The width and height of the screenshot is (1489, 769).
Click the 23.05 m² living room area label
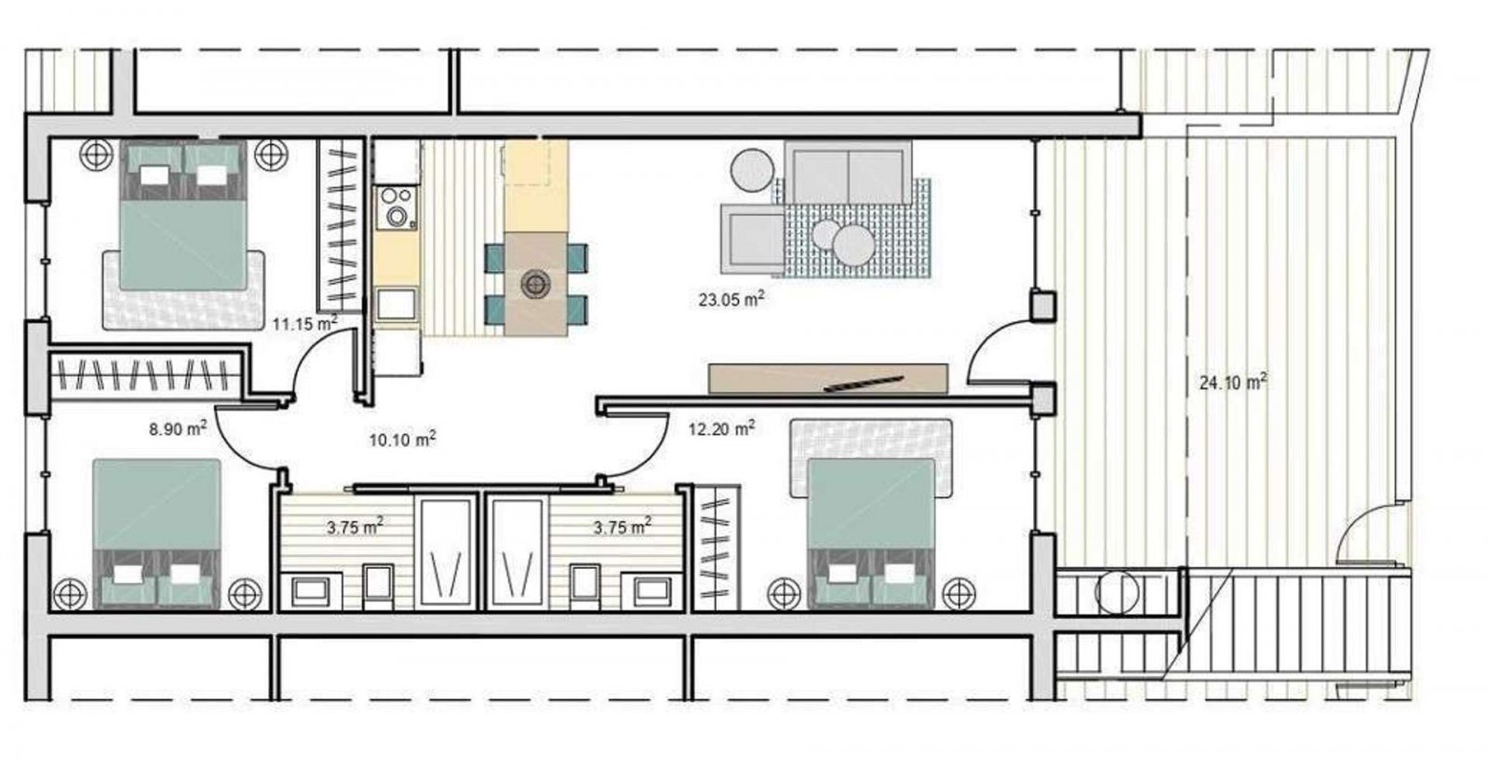[x=731, y=300]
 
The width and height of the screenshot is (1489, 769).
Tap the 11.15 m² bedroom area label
[x=304, y=324]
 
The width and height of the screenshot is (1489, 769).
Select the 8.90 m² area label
[x=178, y=428]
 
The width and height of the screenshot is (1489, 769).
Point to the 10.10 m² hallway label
[x=402, y=439]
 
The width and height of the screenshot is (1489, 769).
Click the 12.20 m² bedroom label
[x=721, y=428]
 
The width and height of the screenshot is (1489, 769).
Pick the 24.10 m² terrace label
[x=1233, y=383]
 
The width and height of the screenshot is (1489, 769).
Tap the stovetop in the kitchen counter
[x=396, y=207]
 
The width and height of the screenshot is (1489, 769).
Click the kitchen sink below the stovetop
[x=396, y=304]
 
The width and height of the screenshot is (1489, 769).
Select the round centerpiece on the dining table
[x=535, y=284]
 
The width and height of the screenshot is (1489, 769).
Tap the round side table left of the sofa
[x=752, y=169]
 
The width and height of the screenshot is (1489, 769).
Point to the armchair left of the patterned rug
[x=753, y=239]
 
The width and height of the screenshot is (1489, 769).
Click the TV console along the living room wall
[x=828, y=379]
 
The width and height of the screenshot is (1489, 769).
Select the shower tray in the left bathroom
[x=446, y=552]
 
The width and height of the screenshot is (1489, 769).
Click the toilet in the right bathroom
[x=584, y=587]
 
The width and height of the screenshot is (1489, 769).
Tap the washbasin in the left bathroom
[x=311, y=591]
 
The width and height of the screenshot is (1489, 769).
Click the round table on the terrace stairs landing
[x=1116, y=592]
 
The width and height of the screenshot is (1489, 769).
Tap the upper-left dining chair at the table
[x=494, y=258]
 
